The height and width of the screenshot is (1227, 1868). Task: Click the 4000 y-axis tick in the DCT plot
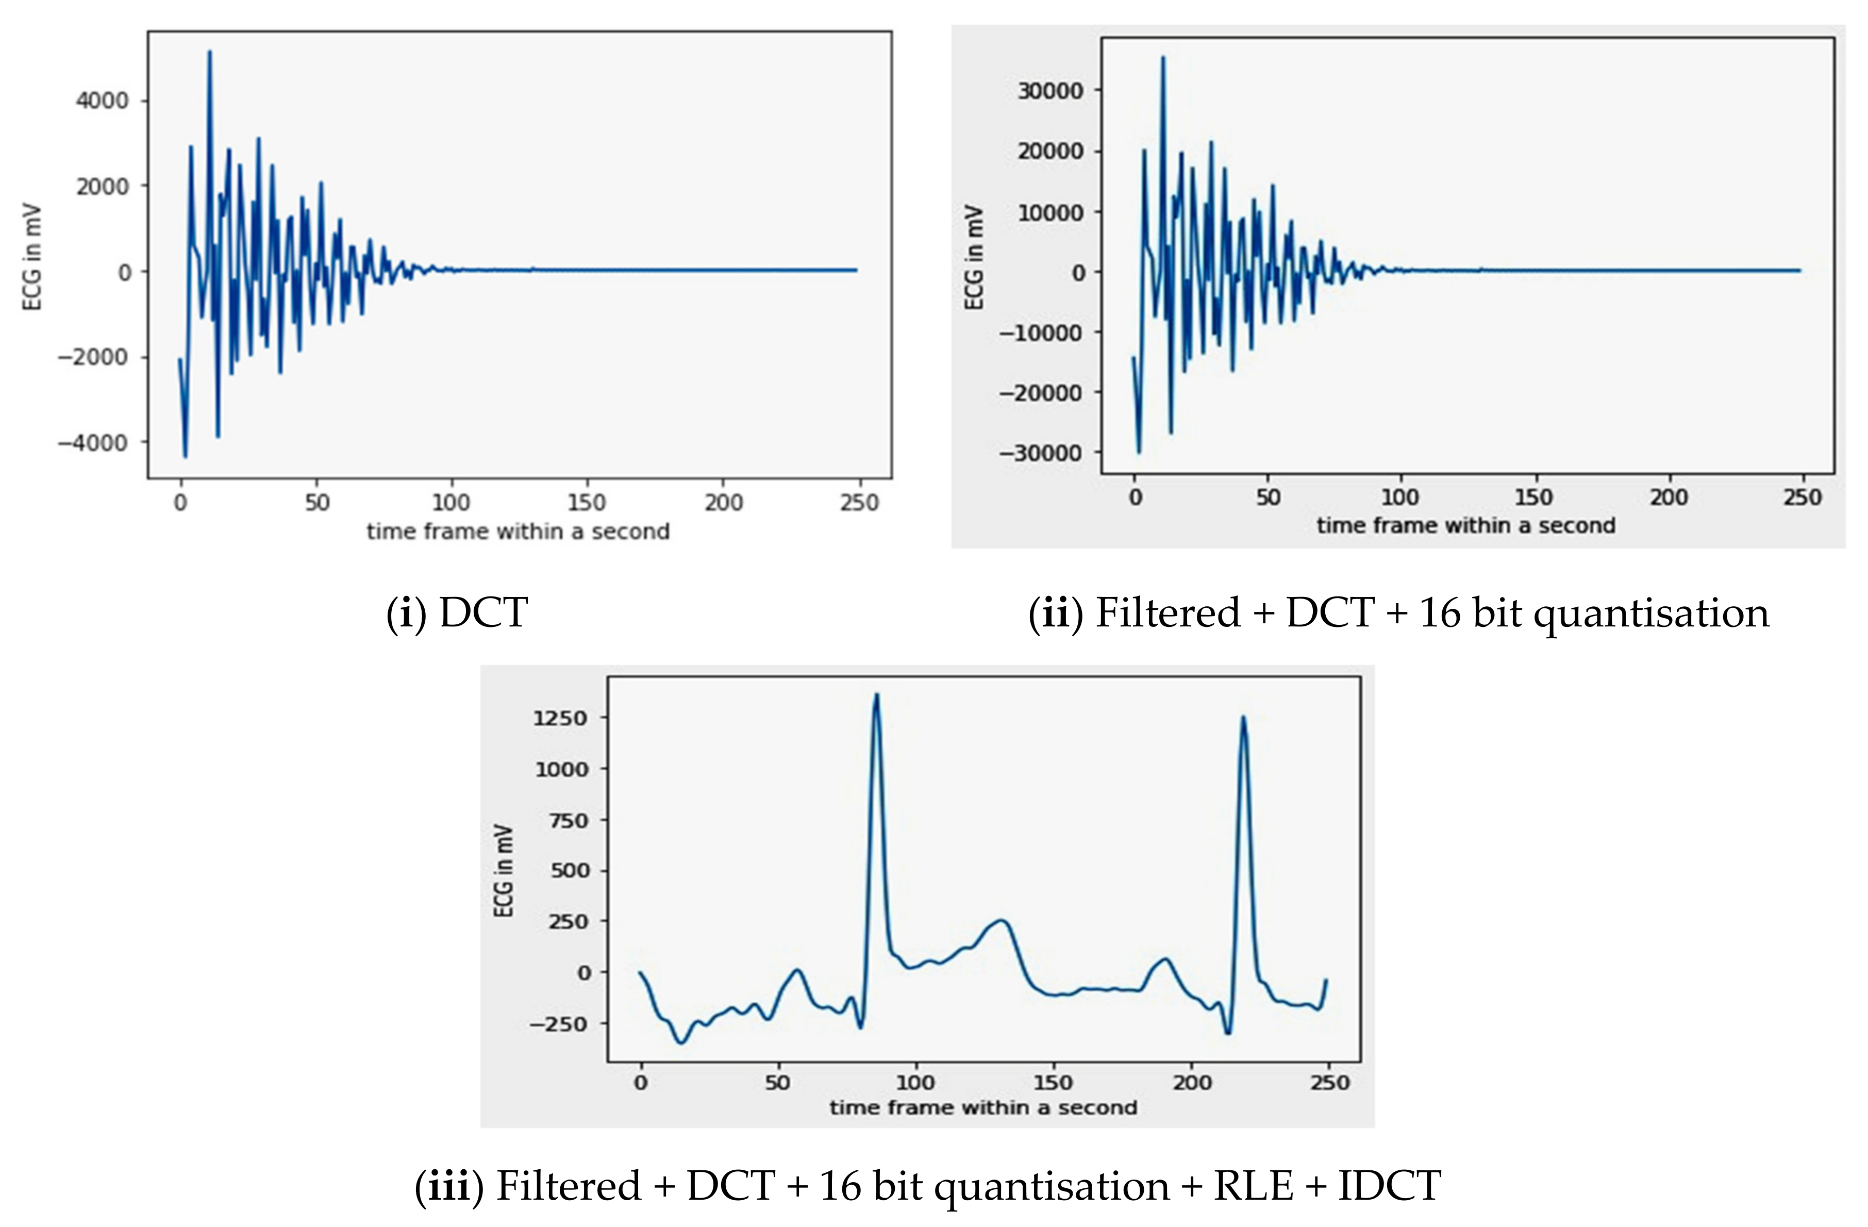click(x=102, y=101)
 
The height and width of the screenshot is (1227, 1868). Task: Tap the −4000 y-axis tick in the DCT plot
click(x=93, y=443)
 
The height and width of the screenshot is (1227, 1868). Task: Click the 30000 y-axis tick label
click(x=1050, y=91)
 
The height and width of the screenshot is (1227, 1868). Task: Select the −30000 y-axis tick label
click(x=1041, y=453)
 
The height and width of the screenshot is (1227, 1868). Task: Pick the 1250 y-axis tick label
click(x=560, y=718)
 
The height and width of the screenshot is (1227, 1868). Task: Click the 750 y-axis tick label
click(x=571, y=820)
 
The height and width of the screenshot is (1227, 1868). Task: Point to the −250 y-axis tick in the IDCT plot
click(x=559, y=1024)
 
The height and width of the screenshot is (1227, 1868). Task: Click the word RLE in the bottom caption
click(x=1254, y=1185)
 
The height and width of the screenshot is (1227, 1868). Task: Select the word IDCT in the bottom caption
click(x=1389, y=1185)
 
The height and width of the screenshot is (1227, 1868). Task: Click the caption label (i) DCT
click(x=457, y=612)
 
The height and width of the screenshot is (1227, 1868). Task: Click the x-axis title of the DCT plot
click(x=518, y=532)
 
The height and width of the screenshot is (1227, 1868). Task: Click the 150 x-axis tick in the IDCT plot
click(x=1053, y=1083)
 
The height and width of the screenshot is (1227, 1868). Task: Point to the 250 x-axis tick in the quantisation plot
click(x=1802, y=497)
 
